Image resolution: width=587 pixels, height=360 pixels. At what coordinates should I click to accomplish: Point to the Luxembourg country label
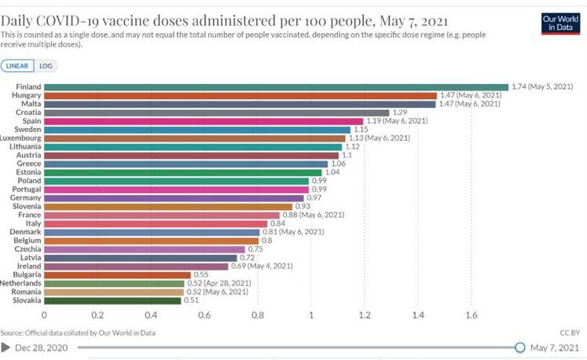click(21, 138)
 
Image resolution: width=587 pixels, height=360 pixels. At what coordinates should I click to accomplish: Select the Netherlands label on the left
click(21, 283)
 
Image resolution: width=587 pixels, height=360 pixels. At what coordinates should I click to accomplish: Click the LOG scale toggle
click(46, 66)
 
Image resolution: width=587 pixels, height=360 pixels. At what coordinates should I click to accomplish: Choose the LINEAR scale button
click(19, 66)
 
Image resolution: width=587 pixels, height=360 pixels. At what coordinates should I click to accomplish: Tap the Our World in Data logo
click(560, 23)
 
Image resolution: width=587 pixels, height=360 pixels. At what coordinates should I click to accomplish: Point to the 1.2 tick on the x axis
click(365, 315)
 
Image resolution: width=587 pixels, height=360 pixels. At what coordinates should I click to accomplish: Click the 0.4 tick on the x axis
click(151, 315)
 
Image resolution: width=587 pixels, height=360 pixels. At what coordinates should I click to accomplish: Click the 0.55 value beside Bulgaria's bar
click(203, 274)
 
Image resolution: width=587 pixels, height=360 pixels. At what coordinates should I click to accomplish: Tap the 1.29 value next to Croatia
click(401, 112)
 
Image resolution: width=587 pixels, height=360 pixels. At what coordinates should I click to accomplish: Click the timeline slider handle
click(519, 347)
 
